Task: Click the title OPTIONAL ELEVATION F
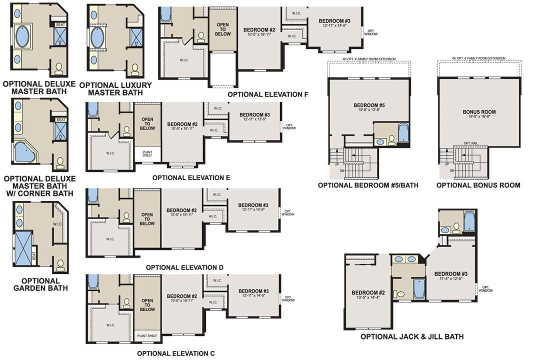[x=267, y=94]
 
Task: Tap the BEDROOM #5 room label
[x=368, y=105]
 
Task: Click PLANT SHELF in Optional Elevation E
[x=147, y=153]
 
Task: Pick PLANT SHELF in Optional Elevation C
[x=147, y=336]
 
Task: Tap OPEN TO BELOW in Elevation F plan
[x=223, y=29]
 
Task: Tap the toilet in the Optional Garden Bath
[x=60, y=264]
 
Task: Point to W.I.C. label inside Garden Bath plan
[x=56, y=224]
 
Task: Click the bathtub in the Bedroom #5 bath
[x=403, y=134]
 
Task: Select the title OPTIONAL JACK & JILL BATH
[x=411, y=336]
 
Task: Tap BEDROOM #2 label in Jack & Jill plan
[x=368, y=292]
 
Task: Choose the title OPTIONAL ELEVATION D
[x=184, y=267]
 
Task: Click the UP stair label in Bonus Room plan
[x=451, y=163]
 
